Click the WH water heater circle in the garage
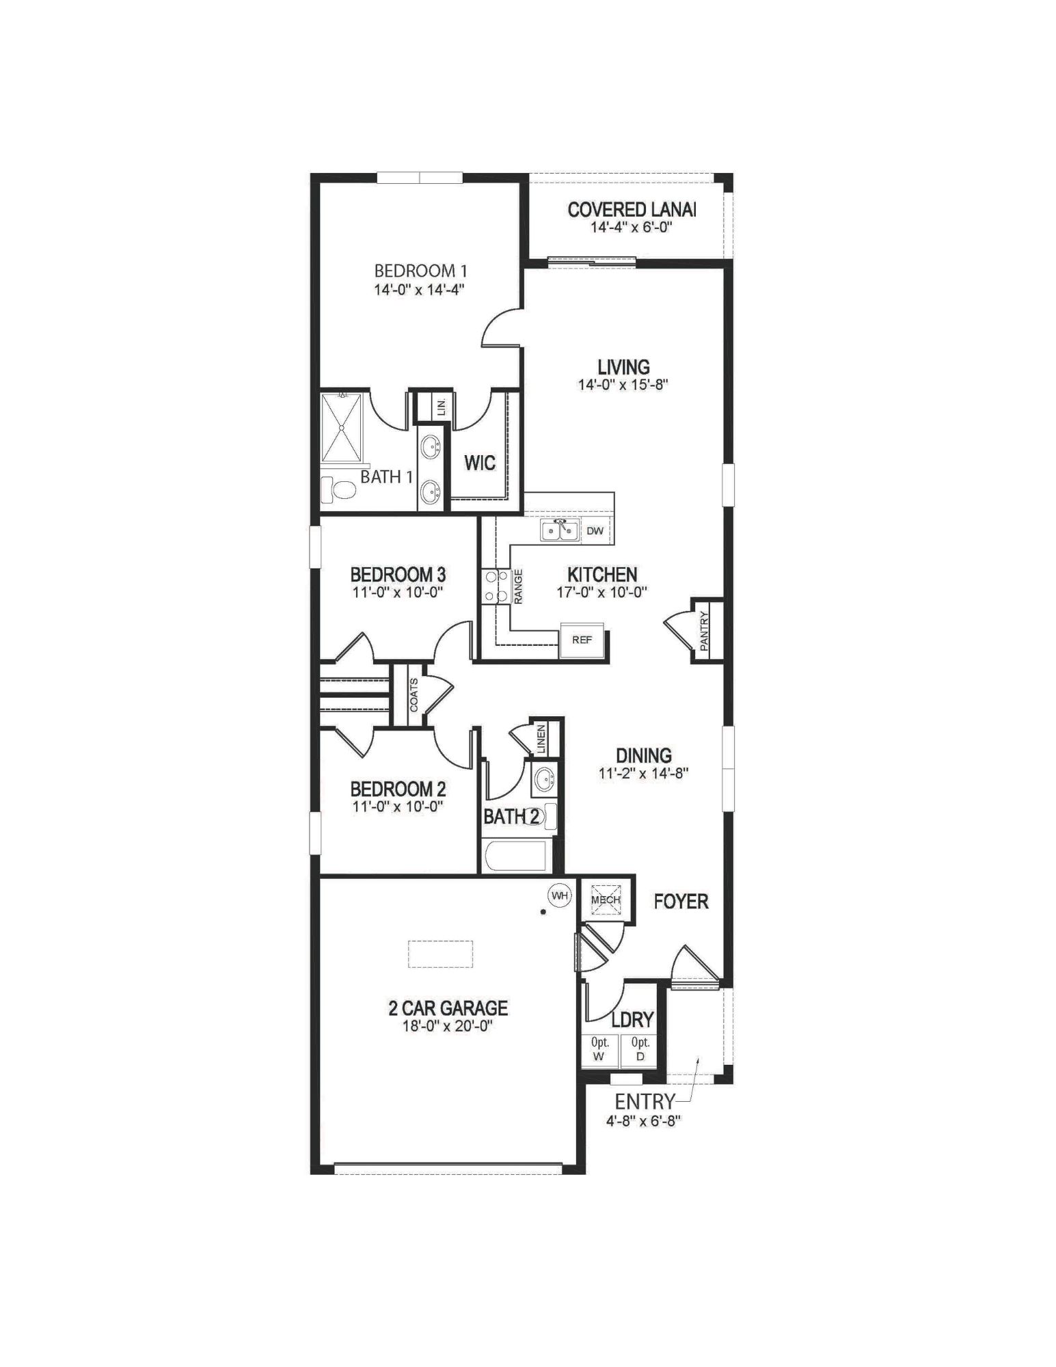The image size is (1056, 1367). [x=560, y=895]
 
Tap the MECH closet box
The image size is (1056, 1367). [x=606, y=899]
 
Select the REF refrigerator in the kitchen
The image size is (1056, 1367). [x=582, y=640]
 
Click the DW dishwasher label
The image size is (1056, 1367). [x=595, y=530]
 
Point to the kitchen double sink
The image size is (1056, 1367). [x=560, y=530]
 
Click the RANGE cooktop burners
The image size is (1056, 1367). [x=493, y=586]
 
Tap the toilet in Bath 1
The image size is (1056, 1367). [x=339, y=489]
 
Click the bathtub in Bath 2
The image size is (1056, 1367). [x=515, y=856]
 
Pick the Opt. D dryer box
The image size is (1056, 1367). [x=639, y=1050]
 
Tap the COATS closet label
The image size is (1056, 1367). [x=414, y=694]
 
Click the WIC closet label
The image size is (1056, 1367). [x=479, y=463]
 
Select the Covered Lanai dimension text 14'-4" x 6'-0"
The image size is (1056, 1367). [x=632, y=227]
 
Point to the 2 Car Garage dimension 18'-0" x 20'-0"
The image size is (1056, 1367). [x=448, y=1026]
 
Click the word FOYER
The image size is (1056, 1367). [x=681, y=902]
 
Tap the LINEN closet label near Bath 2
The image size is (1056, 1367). [x=541, y=740]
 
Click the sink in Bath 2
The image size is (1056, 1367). [x=544, y=778]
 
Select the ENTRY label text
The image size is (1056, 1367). [x=645, y=1102]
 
